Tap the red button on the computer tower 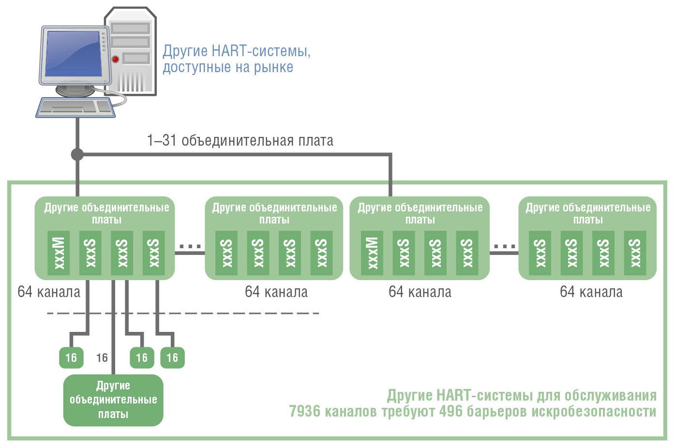115,59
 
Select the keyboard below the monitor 75,107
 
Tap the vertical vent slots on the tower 132,80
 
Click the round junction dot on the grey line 77,154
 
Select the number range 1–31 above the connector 161,140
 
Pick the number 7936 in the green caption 305,411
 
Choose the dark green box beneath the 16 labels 113,400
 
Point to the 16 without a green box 102,358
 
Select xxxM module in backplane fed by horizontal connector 372,253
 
